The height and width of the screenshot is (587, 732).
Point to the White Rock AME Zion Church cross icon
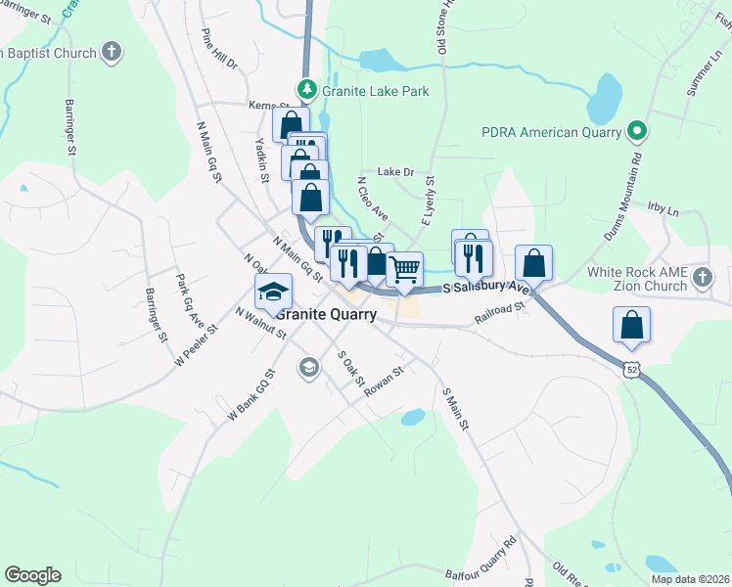click(702, 279)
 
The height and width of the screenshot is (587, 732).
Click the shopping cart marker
click(404, 269)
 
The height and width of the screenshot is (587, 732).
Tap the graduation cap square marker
click(274, 291)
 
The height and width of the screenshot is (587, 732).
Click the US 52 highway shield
click(632, 368)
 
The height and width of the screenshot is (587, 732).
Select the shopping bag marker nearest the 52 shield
click(632, 325)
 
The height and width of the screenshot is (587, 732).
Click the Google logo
click(32, 574)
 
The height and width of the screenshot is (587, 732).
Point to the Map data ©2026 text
click(689, 579)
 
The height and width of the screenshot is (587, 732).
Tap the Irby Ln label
click(663, 209)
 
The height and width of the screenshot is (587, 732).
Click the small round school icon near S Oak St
click(308, 367)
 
